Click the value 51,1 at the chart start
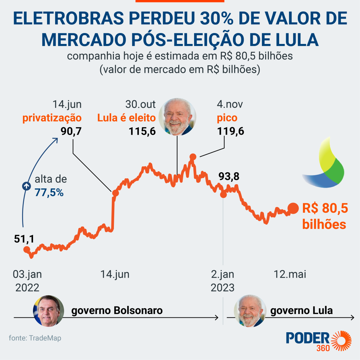point(24,239)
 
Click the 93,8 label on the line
point(229,176)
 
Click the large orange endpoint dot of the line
point(292,209)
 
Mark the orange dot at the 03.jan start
point(26,250)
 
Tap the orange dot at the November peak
point(192,156)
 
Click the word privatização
point(52,118)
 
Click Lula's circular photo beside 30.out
point(177,117)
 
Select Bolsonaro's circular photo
point(49,311)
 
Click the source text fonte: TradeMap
point(35,338)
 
